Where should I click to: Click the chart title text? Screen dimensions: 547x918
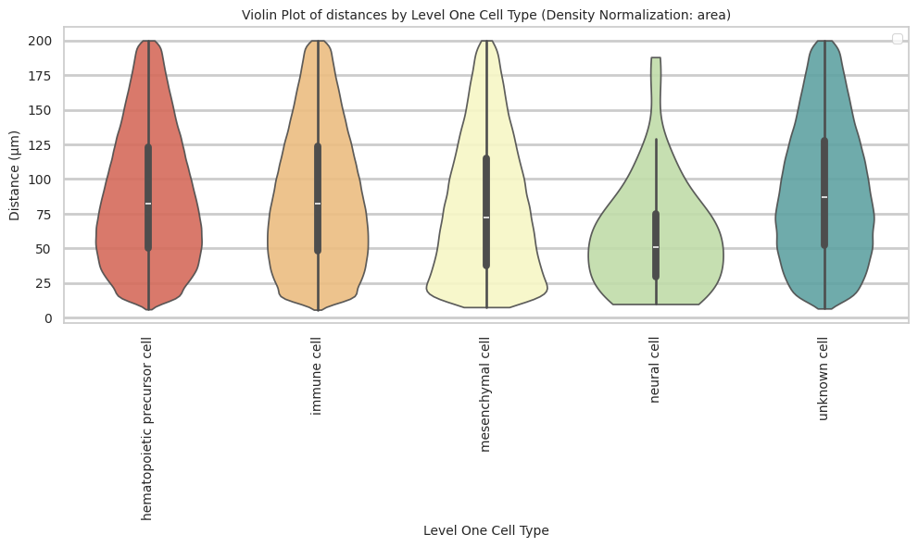click(486, 15)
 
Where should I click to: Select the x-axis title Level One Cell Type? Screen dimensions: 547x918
click(485, 530)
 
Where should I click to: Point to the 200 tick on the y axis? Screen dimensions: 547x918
click(41, 41)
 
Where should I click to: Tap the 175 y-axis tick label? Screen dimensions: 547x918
click(41, 76)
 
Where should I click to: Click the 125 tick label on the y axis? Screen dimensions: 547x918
click(41, 145)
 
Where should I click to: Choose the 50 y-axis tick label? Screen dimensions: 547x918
click(44, 249)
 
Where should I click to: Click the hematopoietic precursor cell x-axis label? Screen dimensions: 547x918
click(147, 428)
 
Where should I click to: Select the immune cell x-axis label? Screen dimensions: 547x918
click(317, 376)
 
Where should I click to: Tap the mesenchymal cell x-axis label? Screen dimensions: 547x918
click(485, 394)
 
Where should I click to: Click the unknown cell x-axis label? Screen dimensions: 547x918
click(824, 379)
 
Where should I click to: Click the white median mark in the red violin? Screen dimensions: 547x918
click(148, 204)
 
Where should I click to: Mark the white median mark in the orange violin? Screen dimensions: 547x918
click(318, 204)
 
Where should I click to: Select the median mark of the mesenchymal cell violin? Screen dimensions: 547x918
click(486, 218)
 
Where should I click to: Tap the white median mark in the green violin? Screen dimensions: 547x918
click(656, 247)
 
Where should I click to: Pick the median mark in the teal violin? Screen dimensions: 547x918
click(824, 197)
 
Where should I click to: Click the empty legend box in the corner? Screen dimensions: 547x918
click(897, 38)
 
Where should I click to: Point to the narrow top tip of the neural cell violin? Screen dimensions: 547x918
click(656, 59)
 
